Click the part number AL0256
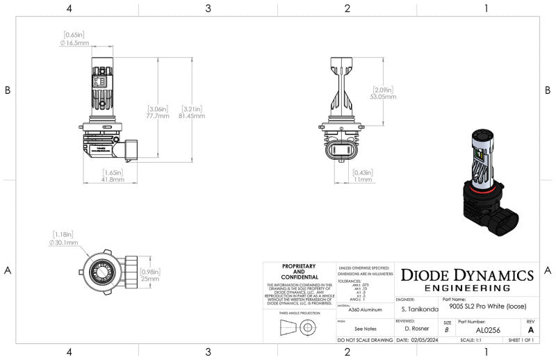point(489,331)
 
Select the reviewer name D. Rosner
point(417,327)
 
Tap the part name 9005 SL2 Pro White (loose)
point(486,306)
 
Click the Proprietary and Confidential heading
point(299,271)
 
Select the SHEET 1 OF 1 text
point(521,341)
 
